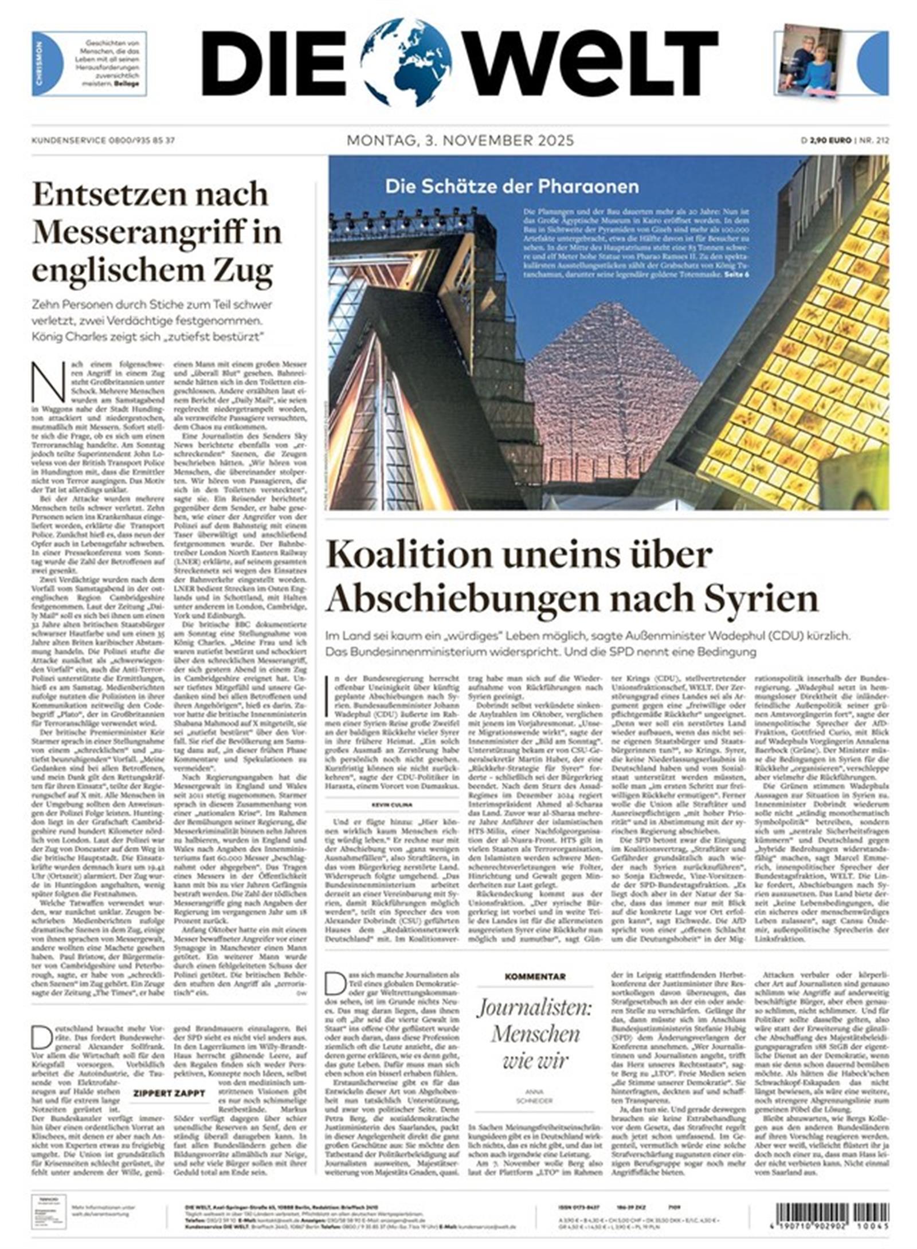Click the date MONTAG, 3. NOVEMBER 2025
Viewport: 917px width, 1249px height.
pyautogui.click(x=460, y=140)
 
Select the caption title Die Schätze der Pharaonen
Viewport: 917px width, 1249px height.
pyautogui.click(x=511, y=186)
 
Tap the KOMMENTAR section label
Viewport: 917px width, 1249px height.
pyautogui.click(x=535, y=976)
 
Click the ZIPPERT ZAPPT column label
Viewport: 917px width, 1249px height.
pyautogui.click(x=168, y=1093)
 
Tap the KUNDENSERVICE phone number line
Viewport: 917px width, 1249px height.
pyautogui.click(x=103, y=140)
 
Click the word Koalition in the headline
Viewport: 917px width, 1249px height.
pyautogui.click(x=405, y=555)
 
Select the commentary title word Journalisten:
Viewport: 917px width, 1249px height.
pyautogui.click(x=535, y=1007)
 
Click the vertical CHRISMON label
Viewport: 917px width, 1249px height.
pyautogui.click(x=39, y=64)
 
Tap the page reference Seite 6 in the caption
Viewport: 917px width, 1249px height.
pyautogui.click(x=736, y=276)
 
